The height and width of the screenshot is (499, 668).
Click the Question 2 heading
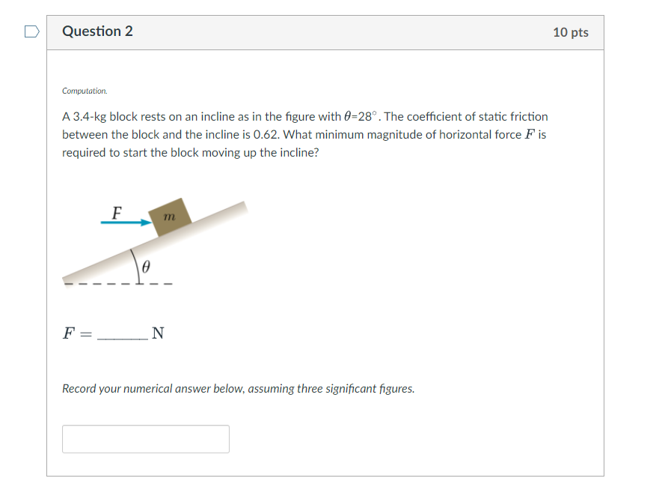[x=98, y=31]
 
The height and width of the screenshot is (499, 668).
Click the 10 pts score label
[x=571, y=32]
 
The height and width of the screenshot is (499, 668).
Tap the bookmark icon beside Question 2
[x=31, y=31]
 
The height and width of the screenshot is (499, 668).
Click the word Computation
[x=85, y=91]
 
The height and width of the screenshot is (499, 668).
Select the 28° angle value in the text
[x=367, y=117]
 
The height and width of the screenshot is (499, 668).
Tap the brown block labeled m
[x=170, y=217]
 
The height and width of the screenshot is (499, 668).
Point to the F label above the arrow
[x=116, y=213]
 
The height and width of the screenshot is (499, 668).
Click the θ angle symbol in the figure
[x=147, y=267]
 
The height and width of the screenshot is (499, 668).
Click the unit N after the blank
[x=158, y=333]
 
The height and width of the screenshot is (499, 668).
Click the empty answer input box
[x=146, y=439]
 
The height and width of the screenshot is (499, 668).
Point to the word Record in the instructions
[x=79, y=389]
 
